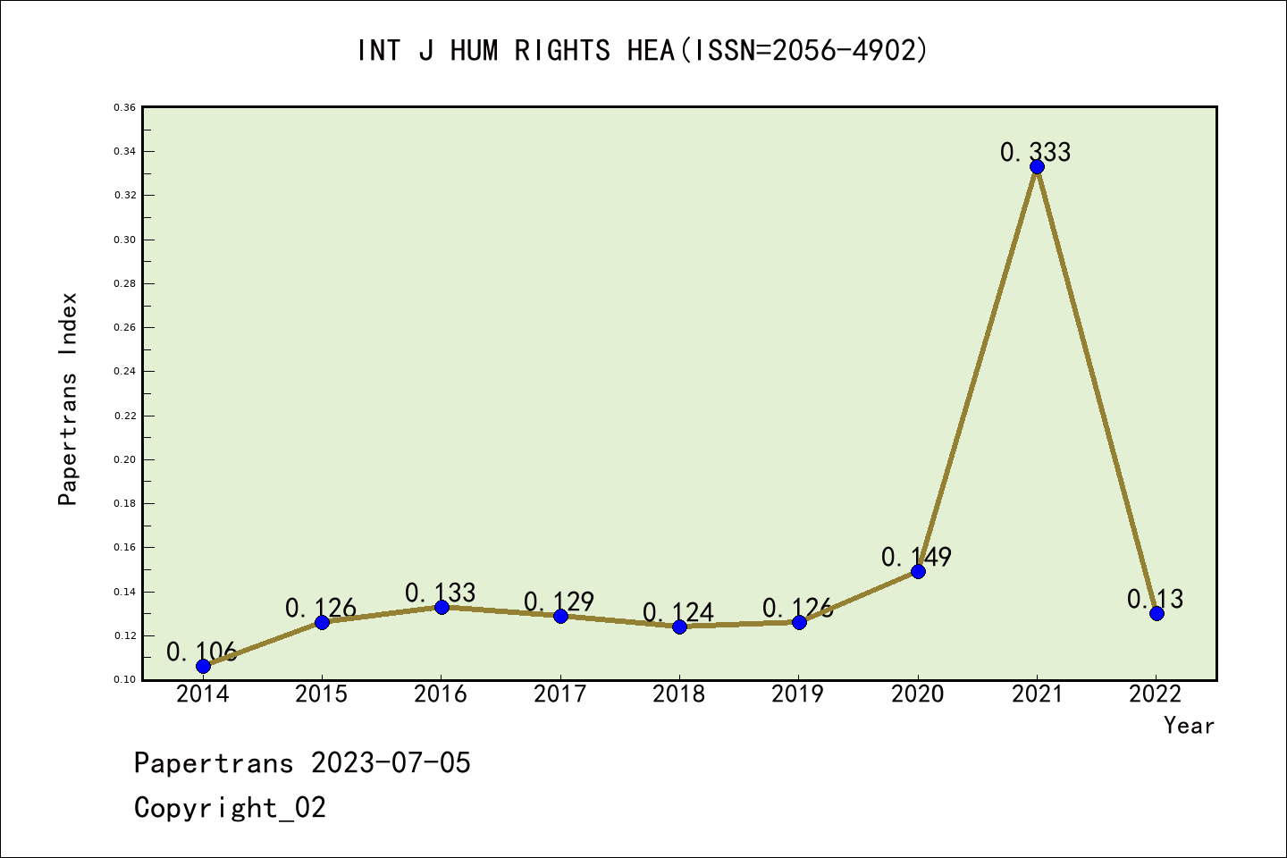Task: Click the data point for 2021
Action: pyautogui.click(x=1037, y=167)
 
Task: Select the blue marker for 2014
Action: pyautogui.click(x=203, y=666)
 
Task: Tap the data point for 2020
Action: pyautogui.click(x=918, y=571)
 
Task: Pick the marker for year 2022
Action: pyautogui.click(x=1157, y=613)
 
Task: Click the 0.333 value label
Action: pyautogui.click(x=1035, y=152)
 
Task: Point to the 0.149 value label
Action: pyautogui.click(x=916, y=557)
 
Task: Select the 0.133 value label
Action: pyautogui.click(x=440, y=593)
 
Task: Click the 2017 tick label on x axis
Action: pyautogui.click(x=559, y=694)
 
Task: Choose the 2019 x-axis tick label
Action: pyautogui.click(x=797, y=694)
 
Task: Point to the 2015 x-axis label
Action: pyautogui.click(x=321, y=694)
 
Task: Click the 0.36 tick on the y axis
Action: pyautogui.click(x=124, y=107)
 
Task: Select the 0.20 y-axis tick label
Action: pyautogui.click(x=124, y=459)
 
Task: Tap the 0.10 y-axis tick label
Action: pyautogui.click(x=124, y=679)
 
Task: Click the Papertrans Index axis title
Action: pyautogui.click(x=68, y=399)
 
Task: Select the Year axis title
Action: pyautogui.click(x=1189, y=726)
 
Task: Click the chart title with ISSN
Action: pyautogui.click(x=643, y=50)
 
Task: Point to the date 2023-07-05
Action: pyautogui.click(x=391, y=763)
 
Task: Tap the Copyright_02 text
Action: pyautogui.click(x=230, y=808)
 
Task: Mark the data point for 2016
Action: pyautogui.click(x=442, y=607)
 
